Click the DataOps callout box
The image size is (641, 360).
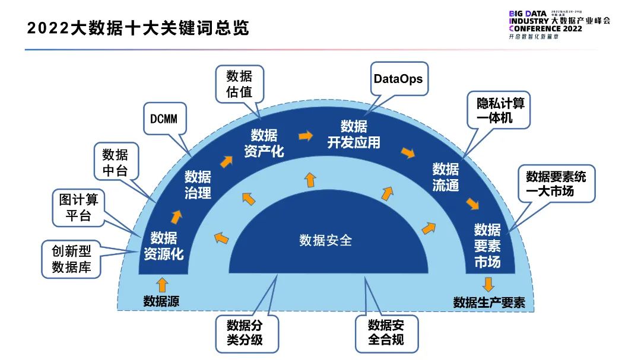coord(398,78)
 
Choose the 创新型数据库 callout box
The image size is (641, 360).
coord(71,259)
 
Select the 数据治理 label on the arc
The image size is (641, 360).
coord(198,184)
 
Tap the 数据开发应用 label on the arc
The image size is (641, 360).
coord(354,135)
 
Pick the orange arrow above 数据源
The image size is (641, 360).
coord(162,285)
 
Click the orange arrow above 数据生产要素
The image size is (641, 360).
coord(488,283)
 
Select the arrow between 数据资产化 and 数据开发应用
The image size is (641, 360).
coord(306,136)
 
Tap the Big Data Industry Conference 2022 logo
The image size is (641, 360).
coord(559,24)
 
